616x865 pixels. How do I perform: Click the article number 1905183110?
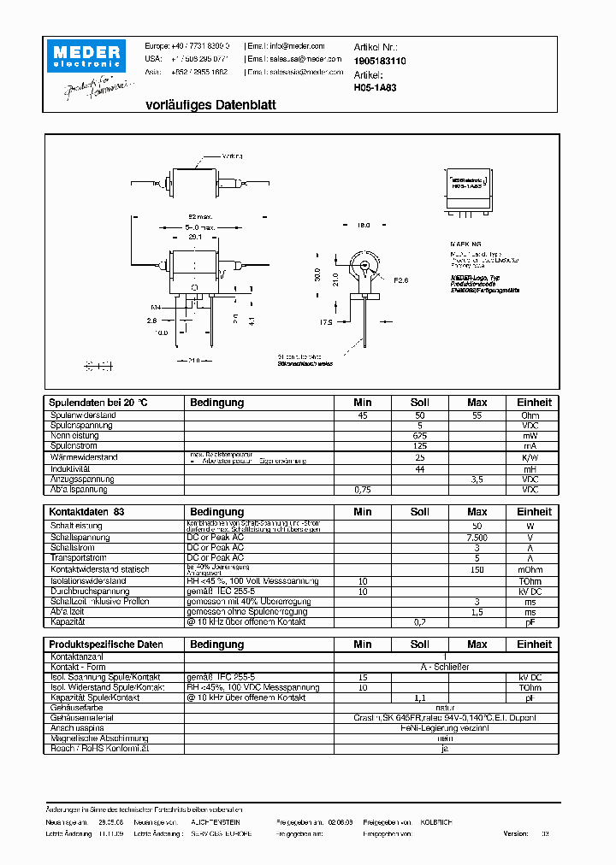[380, 62]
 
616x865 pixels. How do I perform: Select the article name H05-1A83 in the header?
[373, 87]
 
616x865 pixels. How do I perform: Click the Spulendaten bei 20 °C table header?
[99, 403]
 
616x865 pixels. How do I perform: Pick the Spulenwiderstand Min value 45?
[363, 415]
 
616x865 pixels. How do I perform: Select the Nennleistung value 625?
[419, 436]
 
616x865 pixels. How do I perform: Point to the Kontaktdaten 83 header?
[86, 512]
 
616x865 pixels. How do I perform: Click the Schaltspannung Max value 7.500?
[477, 538]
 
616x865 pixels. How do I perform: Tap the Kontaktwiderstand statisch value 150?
[477, 569]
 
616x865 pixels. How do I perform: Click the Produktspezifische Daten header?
[106, 644]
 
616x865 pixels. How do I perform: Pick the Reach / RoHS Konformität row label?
[100, 748]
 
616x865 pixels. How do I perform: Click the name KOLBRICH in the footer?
[435, 821]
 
